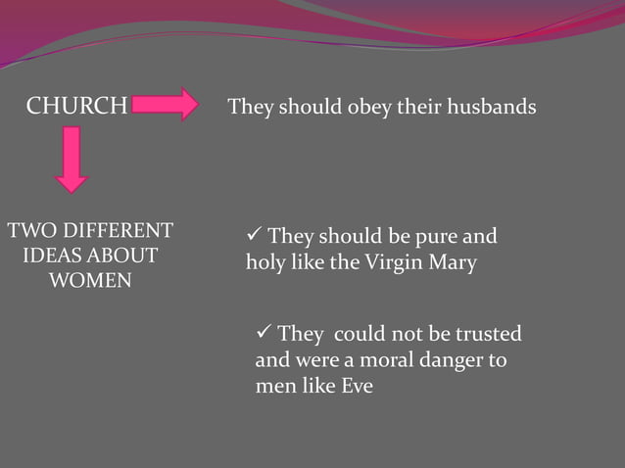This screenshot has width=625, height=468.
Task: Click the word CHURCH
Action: click(x=76, y=106)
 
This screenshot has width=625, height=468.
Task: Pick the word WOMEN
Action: click(x=90, y=282)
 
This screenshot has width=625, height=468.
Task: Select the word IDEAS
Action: click(x=51, y=257)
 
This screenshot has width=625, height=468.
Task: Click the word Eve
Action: click(x=357, y=386)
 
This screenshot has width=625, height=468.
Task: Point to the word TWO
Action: click(x=29, y=231)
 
